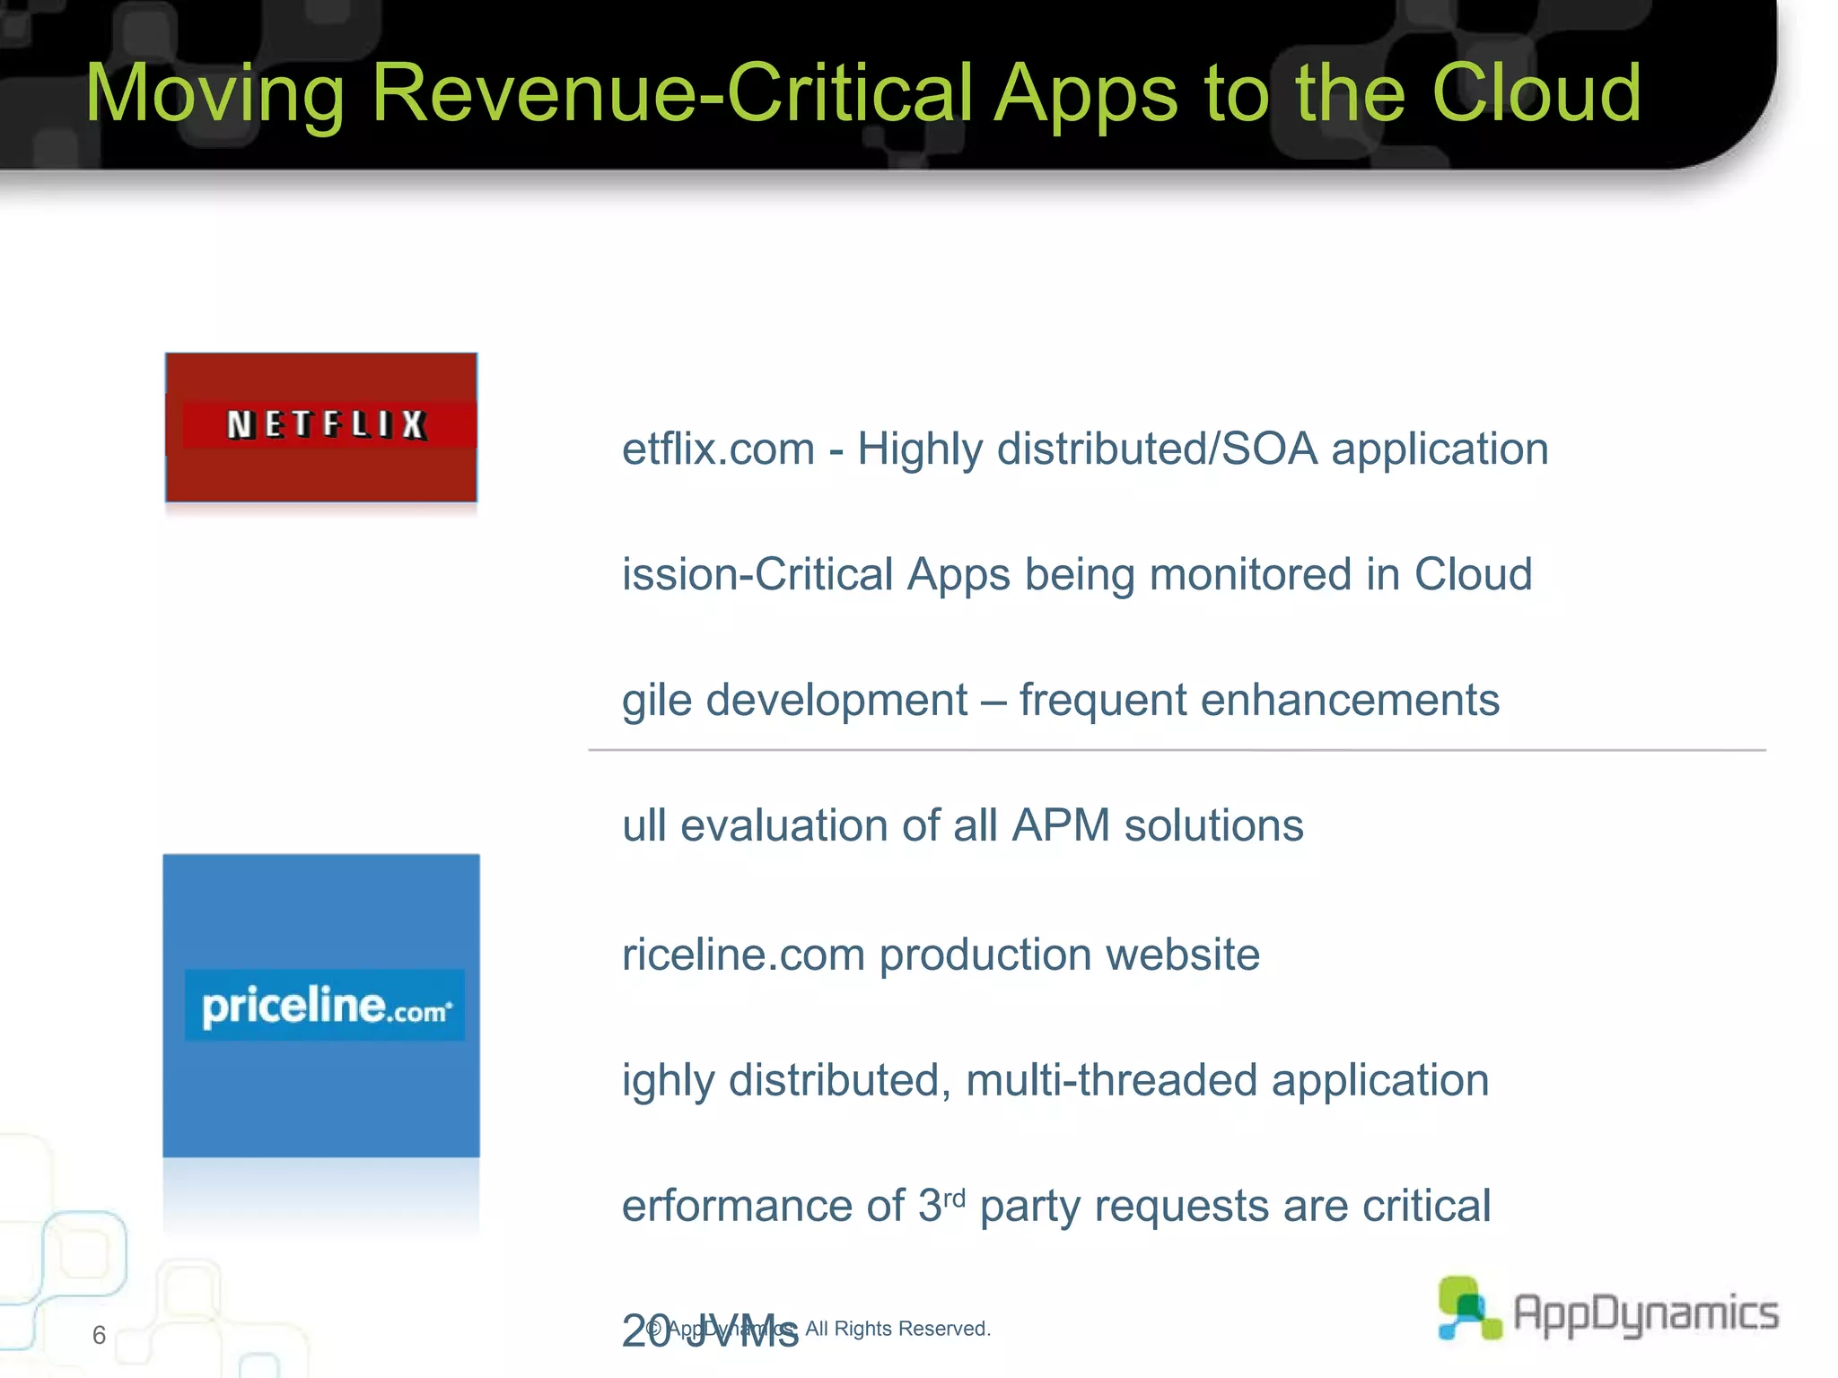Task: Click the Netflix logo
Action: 321,426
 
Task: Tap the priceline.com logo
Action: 321,1006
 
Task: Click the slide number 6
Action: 99,1335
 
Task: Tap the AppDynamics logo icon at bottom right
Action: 1468,1309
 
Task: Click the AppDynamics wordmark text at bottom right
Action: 1646,1313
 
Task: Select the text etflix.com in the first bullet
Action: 718,449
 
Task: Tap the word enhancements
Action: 1350,700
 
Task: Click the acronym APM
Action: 1061,825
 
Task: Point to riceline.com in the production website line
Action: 743,955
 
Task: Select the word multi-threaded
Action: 1111,1080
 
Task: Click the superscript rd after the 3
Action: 954,1197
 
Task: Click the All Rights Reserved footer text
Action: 897,1329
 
